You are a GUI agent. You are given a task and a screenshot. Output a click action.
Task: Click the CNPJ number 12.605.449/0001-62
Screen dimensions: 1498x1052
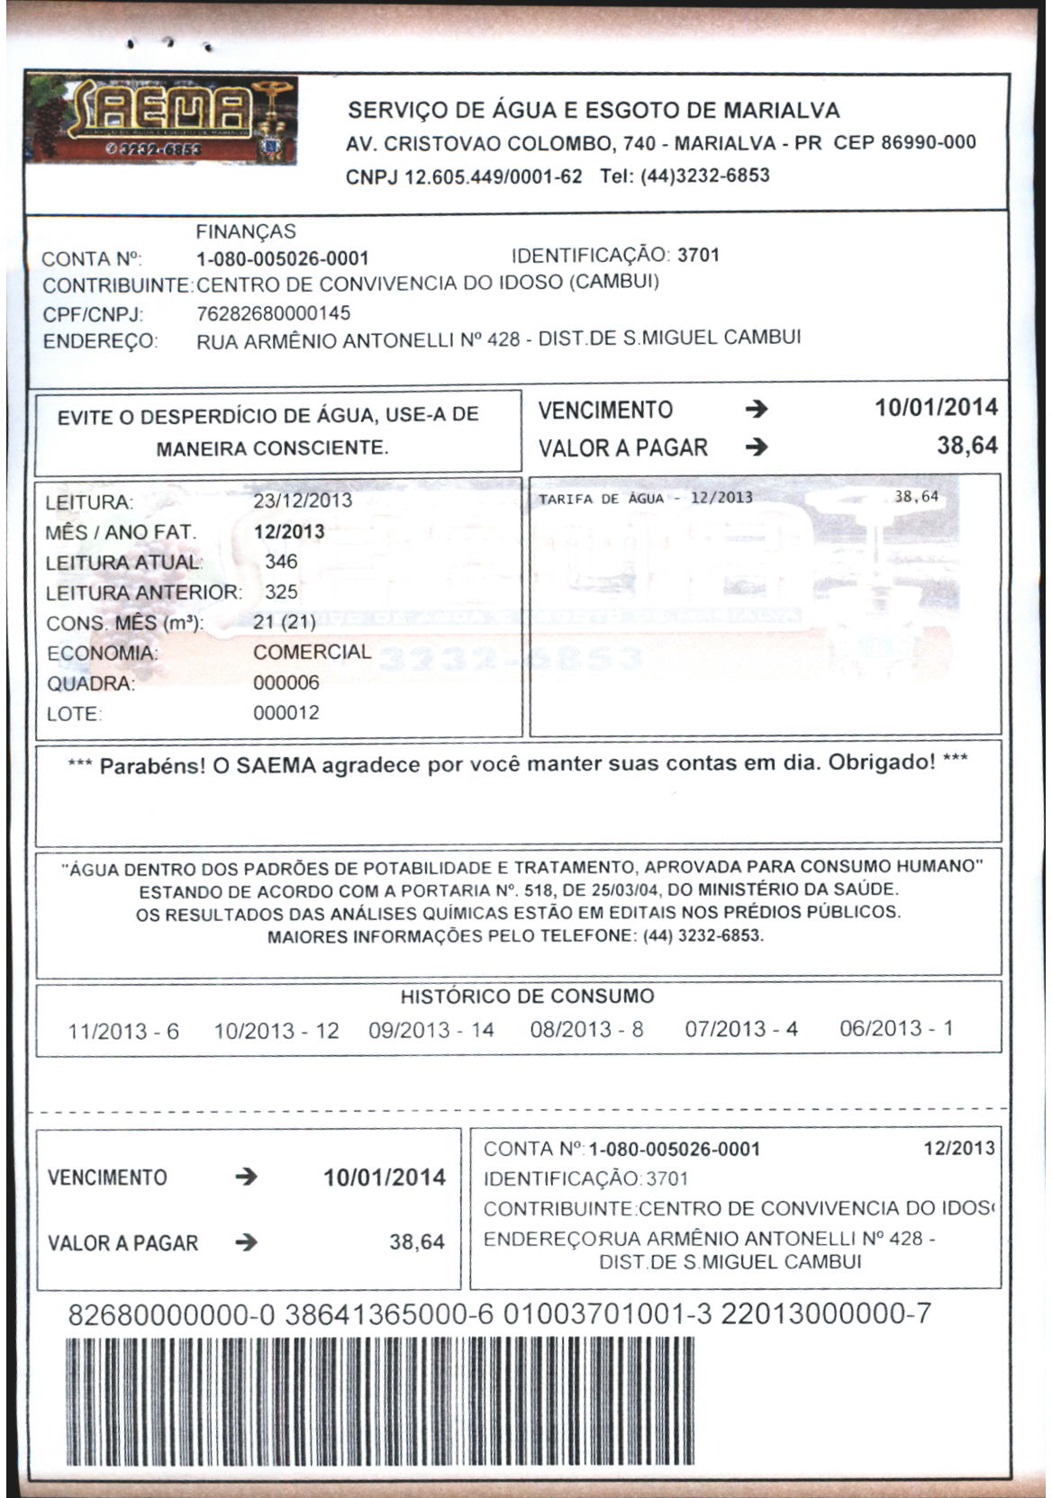click(x=493, y=176)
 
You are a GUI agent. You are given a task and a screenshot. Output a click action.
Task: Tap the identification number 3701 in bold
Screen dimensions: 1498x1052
click(x=698, y=255)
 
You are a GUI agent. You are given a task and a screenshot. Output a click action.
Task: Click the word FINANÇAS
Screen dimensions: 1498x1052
click(x=246, y=232)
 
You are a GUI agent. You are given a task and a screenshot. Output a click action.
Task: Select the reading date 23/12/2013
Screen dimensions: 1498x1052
click(x=303, y=501)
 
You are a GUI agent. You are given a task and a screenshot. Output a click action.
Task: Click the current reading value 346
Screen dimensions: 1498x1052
click(x=281, y=562)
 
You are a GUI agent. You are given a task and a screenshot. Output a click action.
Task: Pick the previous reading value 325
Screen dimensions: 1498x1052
click(x=281, y=592)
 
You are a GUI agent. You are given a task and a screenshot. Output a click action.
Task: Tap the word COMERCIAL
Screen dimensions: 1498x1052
click(x=312, y=652)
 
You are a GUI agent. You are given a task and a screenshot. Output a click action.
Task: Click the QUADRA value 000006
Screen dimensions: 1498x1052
click(x=286, y=682)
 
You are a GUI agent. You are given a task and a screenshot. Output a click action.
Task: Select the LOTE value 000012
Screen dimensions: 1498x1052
click(x=286, y=713)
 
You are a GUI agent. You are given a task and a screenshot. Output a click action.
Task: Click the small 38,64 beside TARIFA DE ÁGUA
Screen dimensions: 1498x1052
click(x=916, y=497)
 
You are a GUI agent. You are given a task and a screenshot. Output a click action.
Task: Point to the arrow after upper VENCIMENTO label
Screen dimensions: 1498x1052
click(x=757, y=411)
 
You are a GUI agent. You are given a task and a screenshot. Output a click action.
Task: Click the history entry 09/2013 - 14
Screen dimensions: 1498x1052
click(x=431, y=1030)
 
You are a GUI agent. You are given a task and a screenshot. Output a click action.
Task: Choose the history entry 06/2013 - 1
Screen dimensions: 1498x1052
click(x=896, y=1028)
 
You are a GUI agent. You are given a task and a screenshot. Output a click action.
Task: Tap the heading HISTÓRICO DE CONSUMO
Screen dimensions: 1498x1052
click(x=527, y=997)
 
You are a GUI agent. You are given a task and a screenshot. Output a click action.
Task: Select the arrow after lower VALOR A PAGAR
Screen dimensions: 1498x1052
click(x=246, y=1243)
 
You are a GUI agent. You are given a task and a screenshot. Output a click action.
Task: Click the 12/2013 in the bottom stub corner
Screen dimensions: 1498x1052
click(x=959, y=1149)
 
